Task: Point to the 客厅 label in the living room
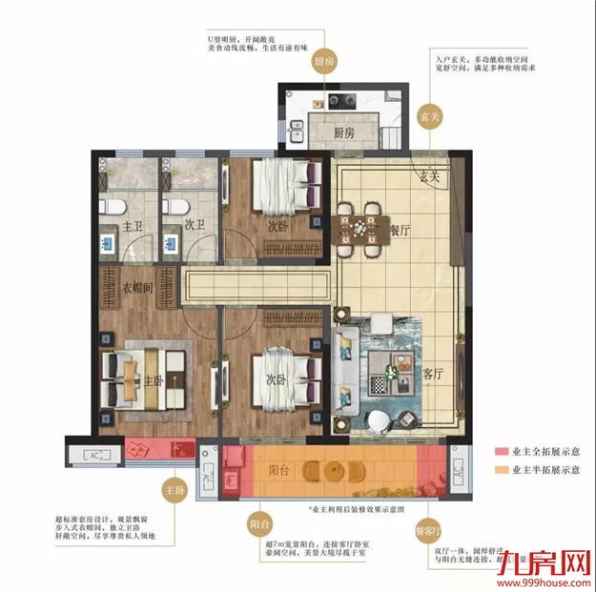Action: [434, 374]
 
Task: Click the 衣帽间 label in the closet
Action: [137, 286]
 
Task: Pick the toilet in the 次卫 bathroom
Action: [174, 207]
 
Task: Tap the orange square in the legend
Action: [502, 470]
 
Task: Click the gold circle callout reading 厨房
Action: [324, 61]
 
